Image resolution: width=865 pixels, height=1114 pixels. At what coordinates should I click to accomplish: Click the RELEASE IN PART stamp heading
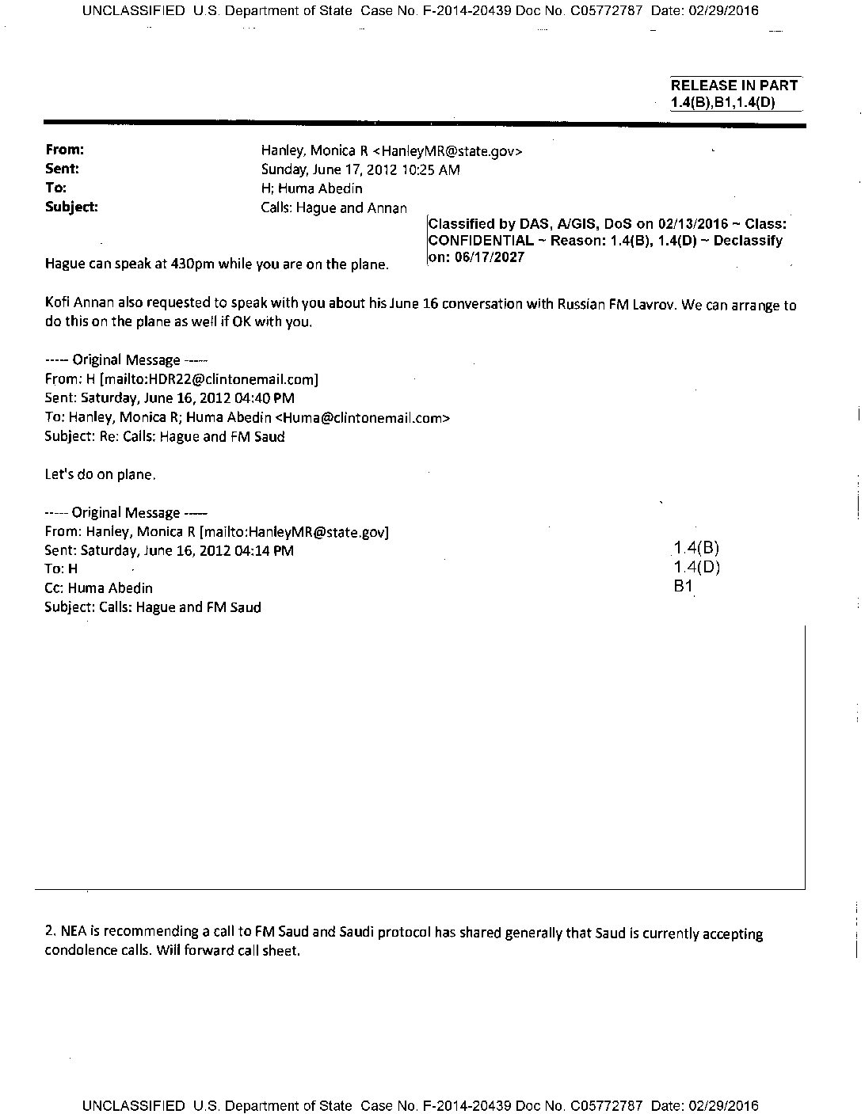[x=734, y=86]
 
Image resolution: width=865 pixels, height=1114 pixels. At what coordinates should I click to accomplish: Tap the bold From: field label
[x=65, y=150]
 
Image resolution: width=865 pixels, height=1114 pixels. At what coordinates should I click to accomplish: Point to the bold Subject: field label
[x=72, y=207]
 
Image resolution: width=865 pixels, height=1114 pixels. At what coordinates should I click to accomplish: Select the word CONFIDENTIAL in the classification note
[x=480, y=241]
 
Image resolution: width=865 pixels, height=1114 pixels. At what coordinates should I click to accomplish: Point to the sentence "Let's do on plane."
[x=101, y=475]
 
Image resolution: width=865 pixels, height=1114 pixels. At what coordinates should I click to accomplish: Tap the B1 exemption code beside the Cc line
[x=683, y=587]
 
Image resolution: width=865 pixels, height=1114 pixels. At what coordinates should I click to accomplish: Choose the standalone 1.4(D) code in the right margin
[x=696, y=567]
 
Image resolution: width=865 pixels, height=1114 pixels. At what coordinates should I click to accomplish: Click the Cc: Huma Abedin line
[x=99, y=588]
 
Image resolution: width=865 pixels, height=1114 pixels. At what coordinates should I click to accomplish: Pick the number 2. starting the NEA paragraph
[x=51, y=933]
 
